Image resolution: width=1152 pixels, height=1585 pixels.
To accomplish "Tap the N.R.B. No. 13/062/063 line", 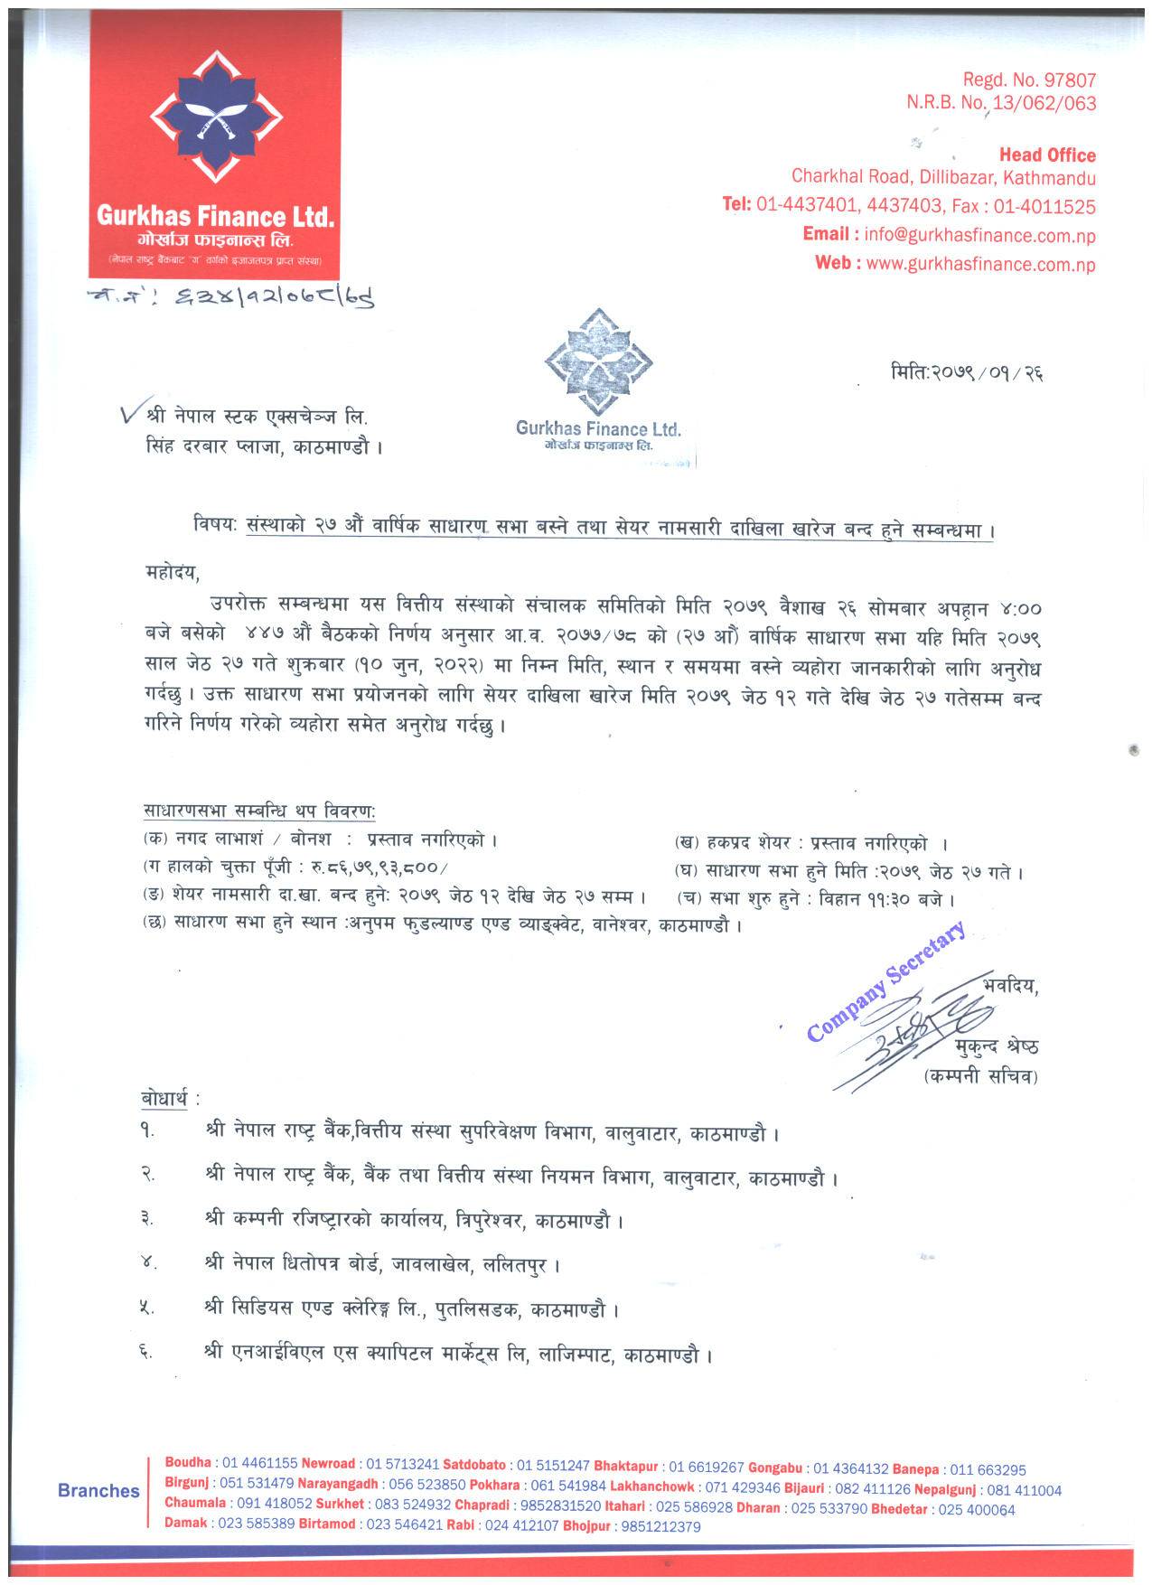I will (1001, 103).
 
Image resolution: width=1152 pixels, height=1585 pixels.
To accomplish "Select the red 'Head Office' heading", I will (1047, 155).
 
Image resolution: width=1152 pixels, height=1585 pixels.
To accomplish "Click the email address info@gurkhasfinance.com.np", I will (979, 236).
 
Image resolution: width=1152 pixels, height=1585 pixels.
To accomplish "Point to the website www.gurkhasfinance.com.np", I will (980, 265).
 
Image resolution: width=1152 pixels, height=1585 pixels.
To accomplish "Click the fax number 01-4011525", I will (1044, 207).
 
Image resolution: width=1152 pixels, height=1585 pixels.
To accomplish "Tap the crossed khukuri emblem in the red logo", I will (216, 118).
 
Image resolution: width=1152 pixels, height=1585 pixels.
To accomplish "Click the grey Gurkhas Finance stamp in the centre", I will (598, 384).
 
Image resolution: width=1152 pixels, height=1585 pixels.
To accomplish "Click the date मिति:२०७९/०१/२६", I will (967, 372).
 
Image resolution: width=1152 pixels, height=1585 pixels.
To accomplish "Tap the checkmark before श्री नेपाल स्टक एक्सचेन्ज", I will (130, 413).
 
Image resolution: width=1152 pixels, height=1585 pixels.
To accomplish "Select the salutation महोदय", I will (172, 572).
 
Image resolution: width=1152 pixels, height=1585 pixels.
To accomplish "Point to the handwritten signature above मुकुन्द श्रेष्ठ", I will (913, 1030).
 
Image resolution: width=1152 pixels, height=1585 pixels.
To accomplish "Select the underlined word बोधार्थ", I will (164, 1098).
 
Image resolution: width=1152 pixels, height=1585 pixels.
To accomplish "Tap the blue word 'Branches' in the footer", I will (98, 1491).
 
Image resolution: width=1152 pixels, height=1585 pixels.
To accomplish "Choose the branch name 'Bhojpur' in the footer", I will (586, 1526).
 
